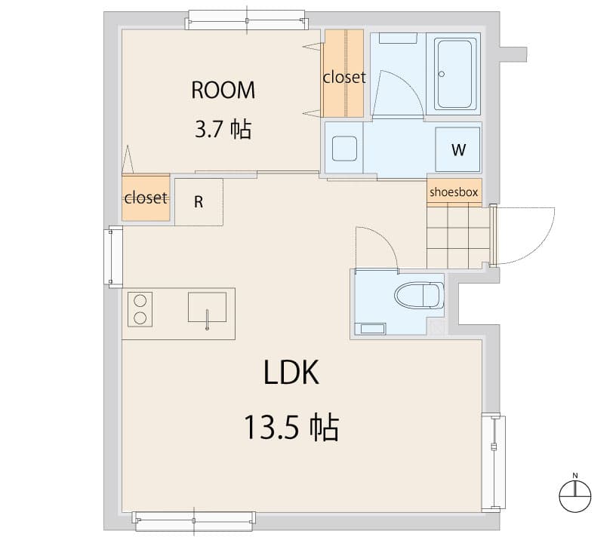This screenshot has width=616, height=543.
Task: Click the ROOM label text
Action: click(223, 90)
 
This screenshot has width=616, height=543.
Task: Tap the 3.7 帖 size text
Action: click(223, 130)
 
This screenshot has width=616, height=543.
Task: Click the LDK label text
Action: click(292, 373)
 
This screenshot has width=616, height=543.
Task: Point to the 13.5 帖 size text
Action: click(291, 428)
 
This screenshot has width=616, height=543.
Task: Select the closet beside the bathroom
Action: click(344, 75)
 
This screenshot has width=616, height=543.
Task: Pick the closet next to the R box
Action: click(146, 198)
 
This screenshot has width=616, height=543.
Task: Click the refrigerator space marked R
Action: click(199, 202)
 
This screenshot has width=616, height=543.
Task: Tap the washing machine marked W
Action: click(457, 149)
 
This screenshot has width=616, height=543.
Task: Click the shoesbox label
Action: click(454, 192)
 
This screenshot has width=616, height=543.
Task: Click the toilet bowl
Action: click(420, 295)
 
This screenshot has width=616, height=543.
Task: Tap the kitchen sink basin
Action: click(207, 308)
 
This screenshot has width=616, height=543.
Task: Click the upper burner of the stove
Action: click(140, 300)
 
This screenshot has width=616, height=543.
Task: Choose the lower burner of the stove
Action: click(140, 318)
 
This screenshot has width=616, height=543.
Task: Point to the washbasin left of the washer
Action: click(344, 149)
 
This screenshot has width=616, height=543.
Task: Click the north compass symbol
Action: click(574, 494)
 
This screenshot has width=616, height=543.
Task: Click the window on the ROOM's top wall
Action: click(247, 19)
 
